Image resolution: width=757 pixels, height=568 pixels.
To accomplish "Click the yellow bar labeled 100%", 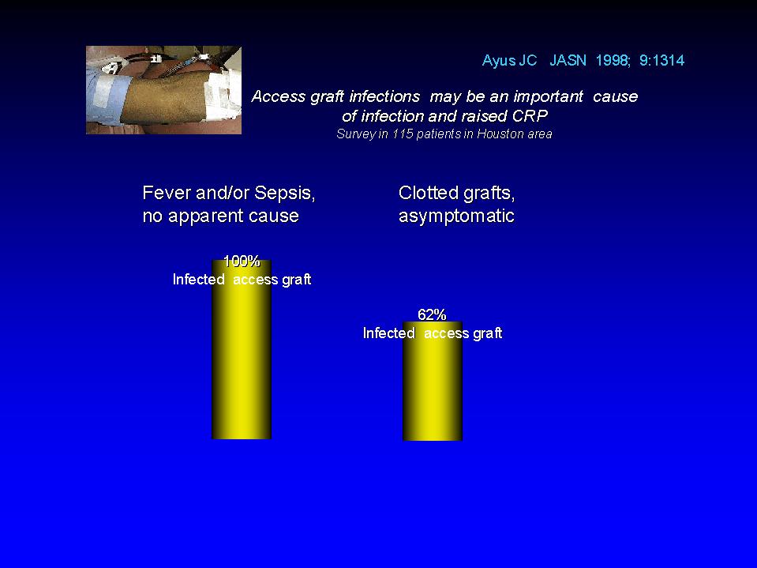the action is [x=242, y=350].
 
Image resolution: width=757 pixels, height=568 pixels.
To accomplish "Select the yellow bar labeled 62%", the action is [x=432, y=381].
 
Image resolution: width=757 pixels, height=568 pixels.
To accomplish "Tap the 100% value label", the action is [x=242, y=261].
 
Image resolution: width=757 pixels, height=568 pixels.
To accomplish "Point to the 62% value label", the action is [x=432, y=315].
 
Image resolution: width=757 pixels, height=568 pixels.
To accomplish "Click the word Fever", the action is [x=164, y=194].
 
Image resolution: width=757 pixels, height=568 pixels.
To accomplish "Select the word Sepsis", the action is [x=284, y=194].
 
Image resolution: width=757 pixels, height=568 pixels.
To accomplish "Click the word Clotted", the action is [x=428, y=194].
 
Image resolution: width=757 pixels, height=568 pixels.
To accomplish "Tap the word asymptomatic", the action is [x=456, y=216].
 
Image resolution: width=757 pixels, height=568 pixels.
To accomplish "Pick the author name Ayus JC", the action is [x=509, y=61].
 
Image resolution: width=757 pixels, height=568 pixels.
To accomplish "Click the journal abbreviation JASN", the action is [x=568, y=60].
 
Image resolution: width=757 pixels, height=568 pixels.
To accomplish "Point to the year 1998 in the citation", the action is [x=612, y=60].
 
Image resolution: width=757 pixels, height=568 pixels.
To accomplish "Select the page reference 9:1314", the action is [x=662, y=60].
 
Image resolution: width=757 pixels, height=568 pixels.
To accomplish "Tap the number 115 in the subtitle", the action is [x=402, y=134].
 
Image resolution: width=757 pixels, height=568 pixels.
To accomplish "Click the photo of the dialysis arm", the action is [x=163, y=90].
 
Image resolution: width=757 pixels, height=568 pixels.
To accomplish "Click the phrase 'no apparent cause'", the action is [x=221, y=216].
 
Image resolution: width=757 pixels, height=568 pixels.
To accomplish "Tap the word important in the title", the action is [x=549, y=97].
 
